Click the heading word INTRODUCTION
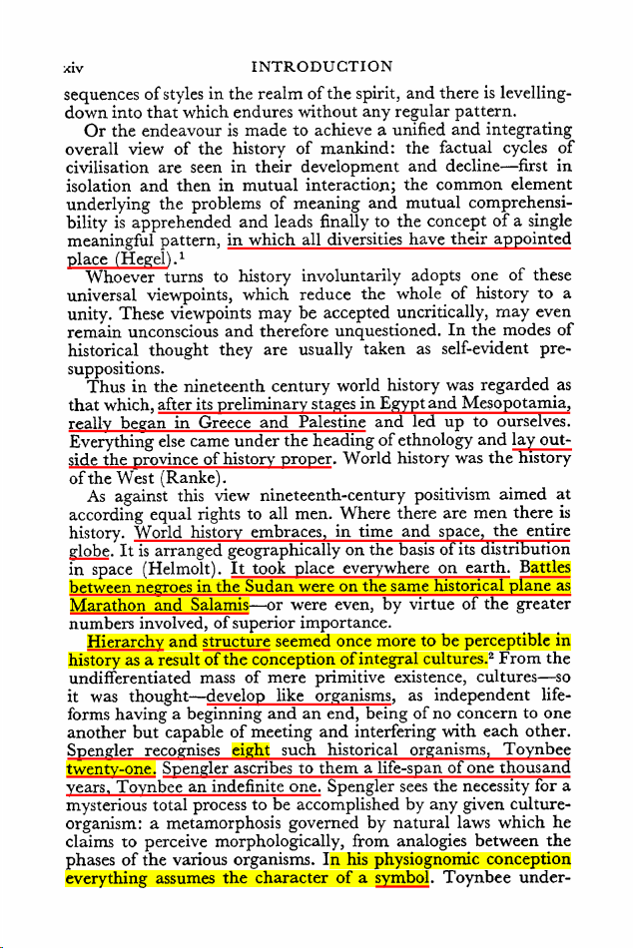[x=322, y=68]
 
